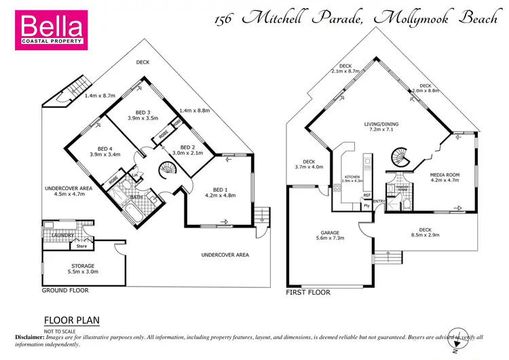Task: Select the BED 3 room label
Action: click(143, 114)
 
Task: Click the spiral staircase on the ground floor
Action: click(167, 169)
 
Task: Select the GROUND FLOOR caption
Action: click(65, 290)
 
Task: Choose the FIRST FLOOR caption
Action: click(308, 292)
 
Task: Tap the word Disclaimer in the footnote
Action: click(30, 337)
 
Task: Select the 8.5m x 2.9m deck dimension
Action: click(425, 237)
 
